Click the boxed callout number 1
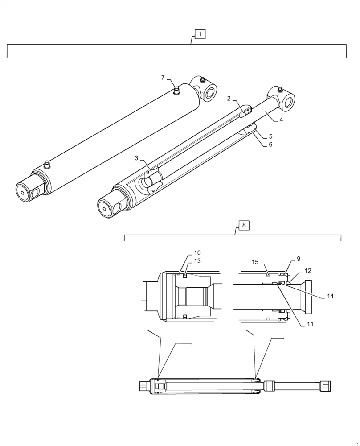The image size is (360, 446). click(x=200, y=34)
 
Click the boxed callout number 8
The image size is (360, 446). click(x=244, y=225)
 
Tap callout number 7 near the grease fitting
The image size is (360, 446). click(x=164, y=78)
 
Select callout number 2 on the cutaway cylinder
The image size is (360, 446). click(x=229, y=99)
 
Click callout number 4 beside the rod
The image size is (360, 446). click(x=282, y=120)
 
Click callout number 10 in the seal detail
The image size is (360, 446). click(x=197, y=253)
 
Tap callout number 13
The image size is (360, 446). click(x=197, y=260)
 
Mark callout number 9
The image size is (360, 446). click(x=298, y=259)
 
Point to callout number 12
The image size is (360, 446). click(x=307, y=270)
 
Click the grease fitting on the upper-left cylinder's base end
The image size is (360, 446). click(x=47, y=165)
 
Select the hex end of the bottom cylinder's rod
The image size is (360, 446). click(x=326, y=386)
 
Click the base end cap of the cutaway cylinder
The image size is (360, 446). click(x=110, y=206)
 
